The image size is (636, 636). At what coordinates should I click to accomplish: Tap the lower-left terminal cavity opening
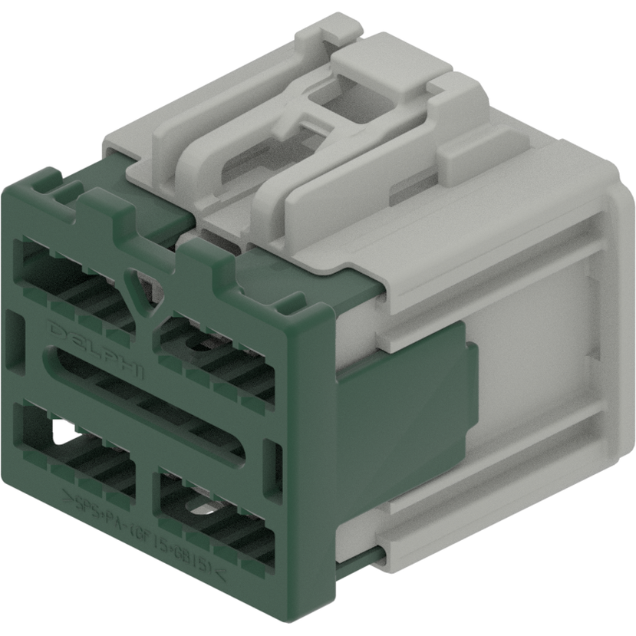73,445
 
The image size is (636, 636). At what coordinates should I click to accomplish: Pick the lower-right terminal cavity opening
211,514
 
